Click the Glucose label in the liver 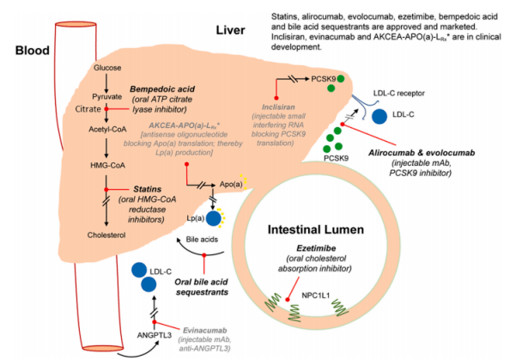click(x=107, y=68)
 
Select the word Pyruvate click(x=107, y=97)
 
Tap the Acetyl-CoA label click(x=107, y=130)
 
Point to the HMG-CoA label click(x=107, y=165)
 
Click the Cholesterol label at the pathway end click(x=106, y=235)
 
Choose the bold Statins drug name click(x=147, y=189)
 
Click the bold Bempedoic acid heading click(x=162, y=89)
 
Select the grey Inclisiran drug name click(x=278, y=107)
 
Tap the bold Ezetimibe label click(x=316, y=248)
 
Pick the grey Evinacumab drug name click(x=204, y=330)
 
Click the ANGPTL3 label click(x=155, y=335)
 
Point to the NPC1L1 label click(x=316, y=296)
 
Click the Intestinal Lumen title click(x=316, y=229)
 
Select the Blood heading click(x=33, y=51)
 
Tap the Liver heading click(x=230, y=30)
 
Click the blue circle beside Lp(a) click(x=214, y=218)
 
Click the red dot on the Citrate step click(x=106, y=109)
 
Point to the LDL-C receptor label click(x=399, y=94)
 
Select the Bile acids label click(x=202, y=240)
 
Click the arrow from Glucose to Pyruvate click(x=106, y=83)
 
